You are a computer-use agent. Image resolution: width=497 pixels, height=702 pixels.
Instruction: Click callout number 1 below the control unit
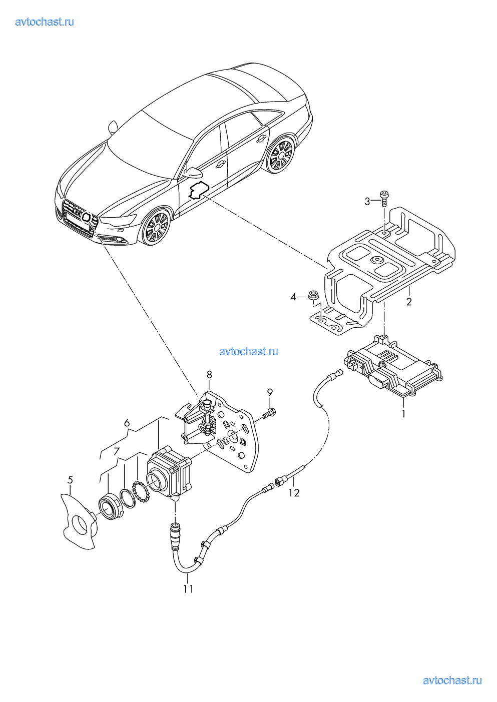coord(403,413)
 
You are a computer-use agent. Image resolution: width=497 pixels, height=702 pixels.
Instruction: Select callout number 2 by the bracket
coord(409,302)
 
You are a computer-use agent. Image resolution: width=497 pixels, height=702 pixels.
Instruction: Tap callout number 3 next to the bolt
coord(367,202)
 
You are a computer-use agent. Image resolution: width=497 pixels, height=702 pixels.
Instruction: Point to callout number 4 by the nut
coord(293,297)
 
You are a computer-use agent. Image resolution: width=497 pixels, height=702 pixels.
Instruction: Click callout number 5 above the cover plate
coord(70,480)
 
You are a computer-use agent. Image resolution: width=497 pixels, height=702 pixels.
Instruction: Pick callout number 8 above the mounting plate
coord(209,374)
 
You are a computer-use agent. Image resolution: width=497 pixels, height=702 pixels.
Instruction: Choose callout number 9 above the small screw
coord(270,392)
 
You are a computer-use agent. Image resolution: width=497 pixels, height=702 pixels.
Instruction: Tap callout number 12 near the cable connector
coord(294,493)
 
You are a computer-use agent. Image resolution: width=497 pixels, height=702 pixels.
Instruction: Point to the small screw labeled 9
coord(270,413)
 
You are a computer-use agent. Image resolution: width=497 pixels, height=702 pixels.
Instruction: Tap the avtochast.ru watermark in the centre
coord(249,351)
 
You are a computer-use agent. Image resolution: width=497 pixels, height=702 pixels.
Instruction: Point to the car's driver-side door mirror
coord(192,171)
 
